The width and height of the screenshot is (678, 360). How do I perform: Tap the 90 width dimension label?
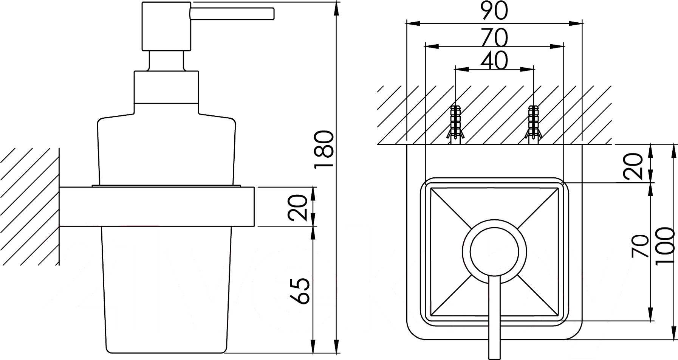(x=494, y=11)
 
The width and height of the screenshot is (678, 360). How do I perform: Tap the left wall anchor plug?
(x=455, y=124)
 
